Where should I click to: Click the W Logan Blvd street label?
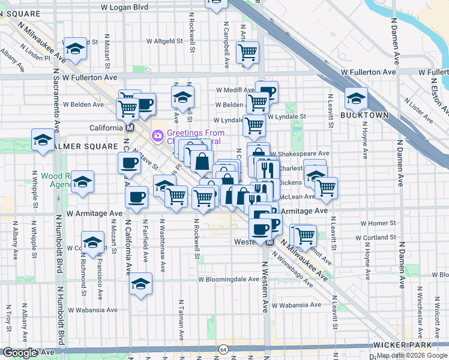tap(124, 7)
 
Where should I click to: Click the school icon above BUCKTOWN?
tap(356, 98)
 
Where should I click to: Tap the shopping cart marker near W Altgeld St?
tap(247, 53)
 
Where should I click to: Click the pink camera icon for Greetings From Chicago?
tap(158, 136)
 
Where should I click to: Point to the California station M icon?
tap(129, 128)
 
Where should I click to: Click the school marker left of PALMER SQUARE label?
tap(43, 140)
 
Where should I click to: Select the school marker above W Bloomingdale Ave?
tap(140, 284)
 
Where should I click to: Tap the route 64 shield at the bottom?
tap(223, 349)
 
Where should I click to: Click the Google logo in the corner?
tap(20, 353)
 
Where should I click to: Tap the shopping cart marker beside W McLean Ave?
tap(326, 187)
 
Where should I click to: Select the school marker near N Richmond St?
tap(93, 242)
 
